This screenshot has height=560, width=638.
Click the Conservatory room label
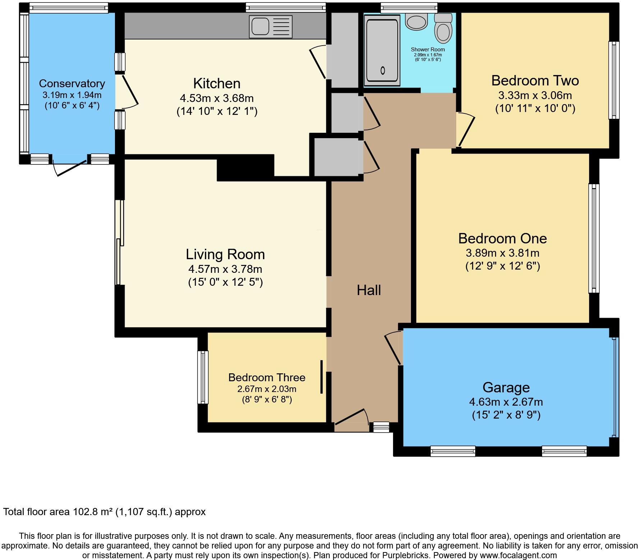(x=72, y=84)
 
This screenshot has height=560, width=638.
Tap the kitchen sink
(x=271, y=27)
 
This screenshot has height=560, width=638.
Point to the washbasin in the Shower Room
(x=416, y=22)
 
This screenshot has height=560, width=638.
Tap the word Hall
(x=369, y=290)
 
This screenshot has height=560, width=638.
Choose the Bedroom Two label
(x=535, y=80)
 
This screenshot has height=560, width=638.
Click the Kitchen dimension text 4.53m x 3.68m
(x=217, y=98)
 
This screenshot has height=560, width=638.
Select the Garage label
(x=506, y=387)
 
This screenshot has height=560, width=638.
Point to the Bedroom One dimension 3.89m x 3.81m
(x=503, y=253)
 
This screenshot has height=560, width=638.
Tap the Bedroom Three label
(x=267, y=377)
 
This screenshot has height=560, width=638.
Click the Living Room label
(x=225, y=254)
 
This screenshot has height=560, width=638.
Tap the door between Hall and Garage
(x=394, y=348)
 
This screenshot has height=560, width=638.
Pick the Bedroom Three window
(x=203, y=377)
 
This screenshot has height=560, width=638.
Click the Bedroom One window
(x=594, y=238)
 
